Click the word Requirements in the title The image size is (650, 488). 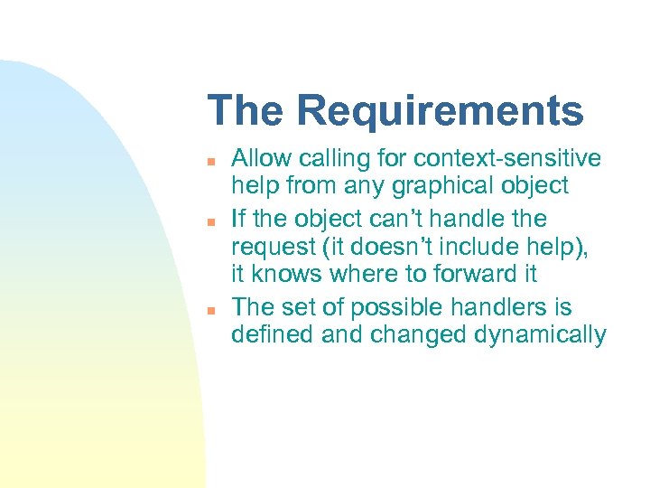[440, 112]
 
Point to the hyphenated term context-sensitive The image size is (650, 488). [506, 159]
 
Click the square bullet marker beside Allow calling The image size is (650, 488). [209, 162]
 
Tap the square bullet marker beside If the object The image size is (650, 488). [209, 221]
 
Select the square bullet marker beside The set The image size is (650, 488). [209, 308]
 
